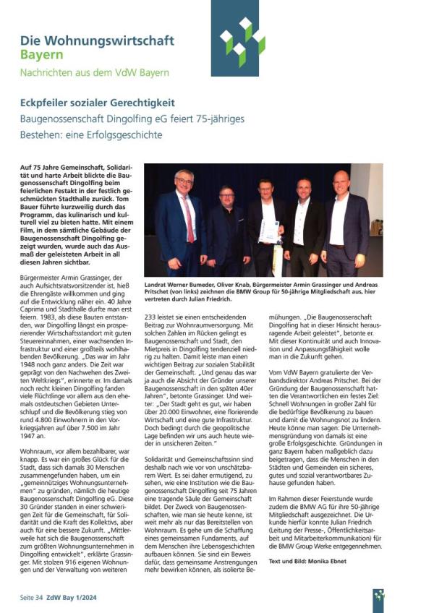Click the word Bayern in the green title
tap(41, 54)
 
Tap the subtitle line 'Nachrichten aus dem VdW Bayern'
tap(94, 72)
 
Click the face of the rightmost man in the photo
tap(341, 183)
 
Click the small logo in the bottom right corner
tap(378, 597)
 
